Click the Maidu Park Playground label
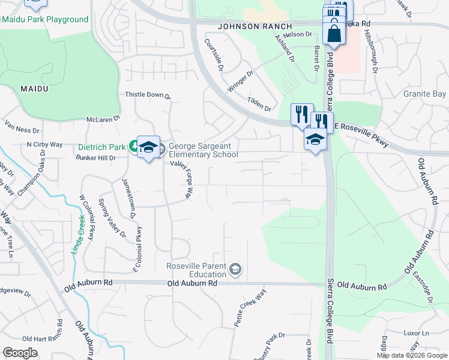click(44, 19)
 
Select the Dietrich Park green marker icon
click(133, 146)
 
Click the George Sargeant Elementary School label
click(203, 150)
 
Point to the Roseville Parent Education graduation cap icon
click(235, 268)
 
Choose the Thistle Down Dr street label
click(148, 95)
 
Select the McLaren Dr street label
click(104, 119)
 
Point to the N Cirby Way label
click(44, 145)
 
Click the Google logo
click(20, 353)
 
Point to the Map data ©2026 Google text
click(411, 355)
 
